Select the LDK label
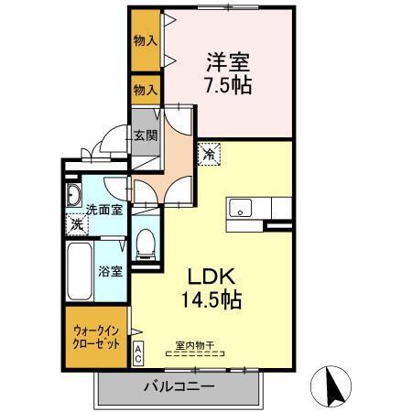click(x=214, y=275)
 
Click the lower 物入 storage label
click(x=145, y=90)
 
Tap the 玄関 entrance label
click(x=146, y=136)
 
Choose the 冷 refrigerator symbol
click(x=210, y=154)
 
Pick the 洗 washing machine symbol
click(x=77, y=223)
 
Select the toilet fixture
click(x=144, y=242)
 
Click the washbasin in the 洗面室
click(x=74, y=194)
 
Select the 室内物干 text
click(x=193, y=347)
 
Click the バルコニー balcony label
click(x=179, y=386)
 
